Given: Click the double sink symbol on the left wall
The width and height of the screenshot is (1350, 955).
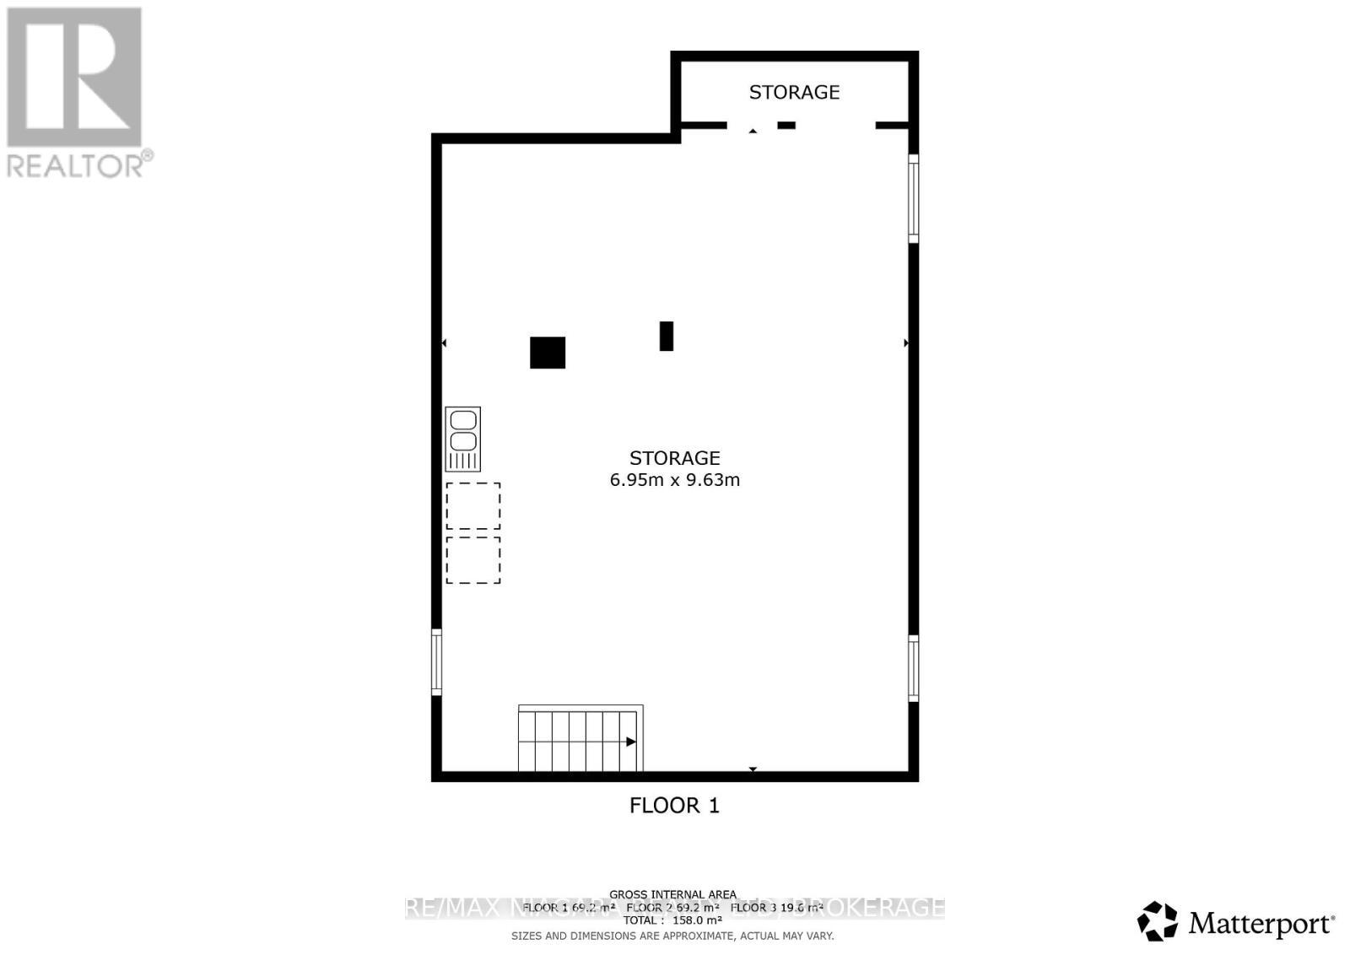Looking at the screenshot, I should coord(462,439).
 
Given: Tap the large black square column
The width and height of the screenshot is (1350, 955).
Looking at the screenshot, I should coord(547,353).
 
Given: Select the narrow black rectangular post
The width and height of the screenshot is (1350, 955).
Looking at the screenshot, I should coord(666,336).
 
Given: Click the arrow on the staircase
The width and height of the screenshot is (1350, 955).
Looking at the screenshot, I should coord(630,742).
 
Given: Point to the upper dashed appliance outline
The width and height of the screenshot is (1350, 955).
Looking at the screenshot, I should coord(472,505).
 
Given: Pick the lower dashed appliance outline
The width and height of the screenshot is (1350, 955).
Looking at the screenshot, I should coord(472,560).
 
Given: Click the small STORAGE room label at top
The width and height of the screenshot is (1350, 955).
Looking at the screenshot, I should coord(794,92).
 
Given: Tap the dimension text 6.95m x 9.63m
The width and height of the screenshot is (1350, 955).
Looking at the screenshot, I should coord(674,480).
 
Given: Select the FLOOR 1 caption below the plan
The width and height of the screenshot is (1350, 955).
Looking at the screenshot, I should coord(674,806).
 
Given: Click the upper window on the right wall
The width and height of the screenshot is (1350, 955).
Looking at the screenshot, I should coord(913,198).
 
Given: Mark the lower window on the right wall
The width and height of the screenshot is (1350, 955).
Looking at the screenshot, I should coord(913,668).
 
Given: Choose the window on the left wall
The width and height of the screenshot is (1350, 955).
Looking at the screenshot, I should coord(436,662).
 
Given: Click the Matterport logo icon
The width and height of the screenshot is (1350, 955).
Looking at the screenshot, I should coord(1157,921).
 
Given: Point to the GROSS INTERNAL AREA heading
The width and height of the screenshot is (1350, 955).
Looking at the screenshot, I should coord(672,894).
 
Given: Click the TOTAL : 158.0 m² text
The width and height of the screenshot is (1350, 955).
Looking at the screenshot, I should coord(672,920).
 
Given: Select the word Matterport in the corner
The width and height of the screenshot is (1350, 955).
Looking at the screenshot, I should coord(1261,925).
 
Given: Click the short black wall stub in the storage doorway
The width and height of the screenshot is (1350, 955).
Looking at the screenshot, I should coord(786,126).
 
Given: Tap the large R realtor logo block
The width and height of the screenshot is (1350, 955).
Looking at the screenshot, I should coord(74,77).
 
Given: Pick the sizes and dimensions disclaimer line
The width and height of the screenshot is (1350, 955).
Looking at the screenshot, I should coord(672,936).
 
